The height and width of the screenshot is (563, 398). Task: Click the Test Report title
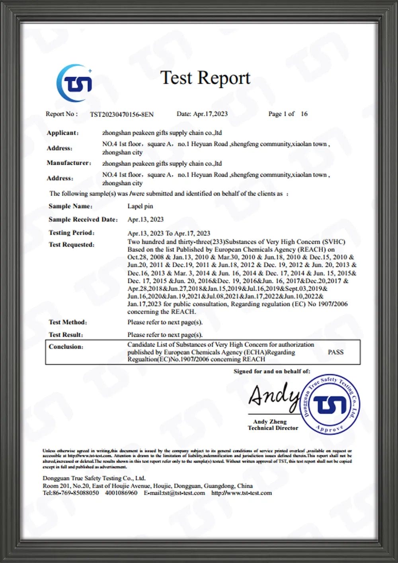tap(205, 78)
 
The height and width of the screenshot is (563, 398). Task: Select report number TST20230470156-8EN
tap(121, 115)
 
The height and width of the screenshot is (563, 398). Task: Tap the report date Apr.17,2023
tap(210, 114)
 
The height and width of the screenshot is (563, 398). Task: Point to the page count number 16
tap(304, 114)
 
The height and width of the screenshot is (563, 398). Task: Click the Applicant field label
tap(62, 133)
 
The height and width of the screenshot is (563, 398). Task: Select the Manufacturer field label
tap(69, 163)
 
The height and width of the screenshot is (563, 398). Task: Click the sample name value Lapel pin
tap(140, 206)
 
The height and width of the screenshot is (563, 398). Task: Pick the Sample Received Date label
tap(83, 219)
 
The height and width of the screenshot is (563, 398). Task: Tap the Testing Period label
tap(72, 233)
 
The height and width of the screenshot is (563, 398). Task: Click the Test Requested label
tap(72, 244)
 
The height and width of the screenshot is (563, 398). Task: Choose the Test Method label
tap(68, 322)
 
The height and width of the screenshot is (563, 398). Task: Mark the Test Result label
tap(66, 335)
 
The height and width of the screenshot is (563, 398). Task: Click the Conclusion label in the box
tap(66, 347)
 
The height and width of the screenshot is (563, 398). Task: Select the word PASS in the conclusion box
tap(336, 352)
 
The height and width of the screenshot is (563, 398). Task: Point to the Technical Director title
tap(273, 428)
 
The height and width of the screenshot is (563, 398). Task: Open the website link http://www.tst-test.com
tap(242, 493)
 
